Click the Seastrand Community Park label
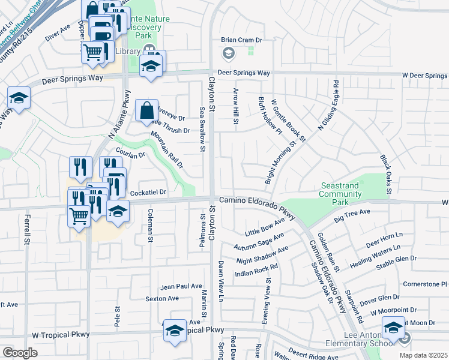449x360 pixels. pyautogui.click(x=340, y=190)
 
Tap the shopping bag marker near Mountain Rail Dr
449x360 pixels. pyautogui.click(x=147, y=112)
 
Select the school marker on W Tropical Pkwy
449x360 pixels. pyautogui.click(x=175, y=331)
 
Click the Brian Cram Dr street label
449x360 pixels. pyautogui.click(x=243, y=40)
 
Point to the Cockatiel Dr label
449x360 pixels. pyautogui.click(x=148, y=192)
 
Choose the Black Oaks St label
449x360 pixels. pyautogui.click(x=385, y=175)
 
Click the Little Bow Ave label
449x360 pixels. pyautogui.click(x=265, y=227)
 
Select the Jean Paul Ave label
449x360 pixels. pyautogui.click(x=181, y=286)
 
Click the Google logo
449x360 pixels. pyautogui.click(x=20, y=353)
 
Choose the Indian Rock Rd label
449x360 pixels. pyautogui.click(x=256, y=269)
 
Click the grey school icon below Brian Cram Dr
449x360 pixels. pyautogui.click(x=229, y=55)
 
